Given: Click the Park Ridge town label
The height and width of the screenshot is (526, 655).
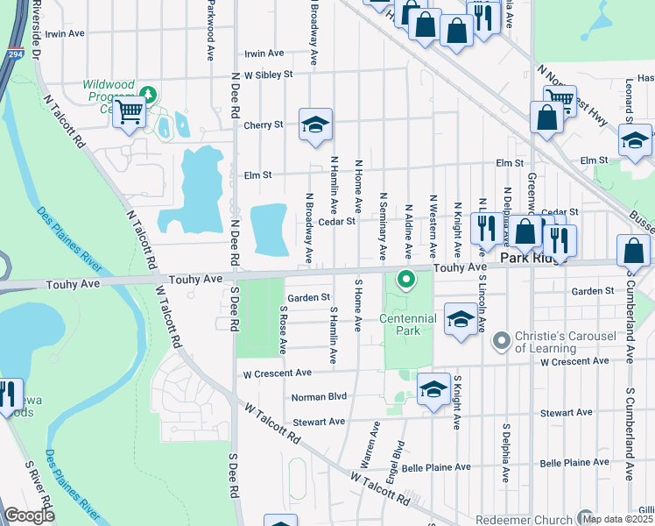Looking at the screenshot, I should pos(529,259).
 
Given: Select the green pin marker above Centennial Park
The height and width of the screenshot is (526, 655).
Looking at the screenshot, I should pos(405,281).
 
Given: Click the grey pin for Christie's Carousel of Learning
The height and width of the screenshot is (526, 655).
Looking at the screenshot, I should pos(501,338).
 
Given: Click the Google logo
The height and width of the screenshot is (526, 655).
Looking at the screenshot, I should pos(29,515).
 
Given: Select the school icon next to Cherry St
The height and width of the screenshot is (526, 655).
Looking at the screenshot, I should pos(314,124).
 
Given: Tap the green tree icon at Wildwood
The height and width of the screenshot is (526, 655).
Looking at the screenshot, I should pos(149,92).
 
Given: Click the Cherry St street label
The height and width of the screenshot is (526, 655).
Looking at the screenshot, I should pos(263,125).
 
